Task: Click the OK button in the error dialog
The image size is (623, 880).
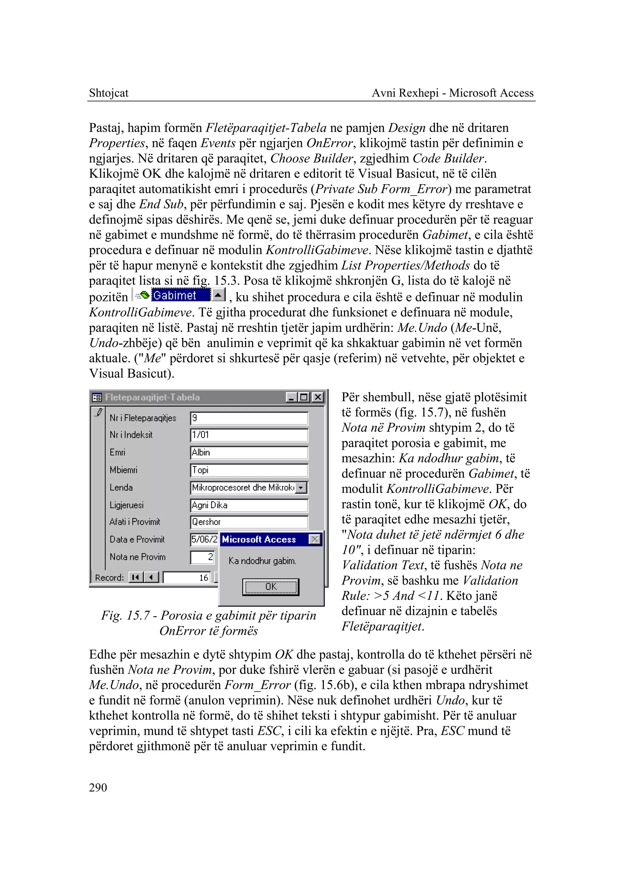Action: pos(270,587)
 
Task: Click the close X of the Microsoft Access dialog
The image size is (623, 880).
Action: pos(315,539)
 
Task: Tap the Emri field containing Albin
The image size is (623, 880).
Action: pos(249,452)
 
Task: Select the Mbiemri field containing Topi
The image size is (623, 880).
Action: pos(249,470)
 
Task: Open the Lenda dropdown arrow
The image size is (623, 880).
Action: pos(301,488)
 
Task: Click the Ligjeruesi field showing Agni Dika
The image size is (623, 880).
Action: pos(249,505)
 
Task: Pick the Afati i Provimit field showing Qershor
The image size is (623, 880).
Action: pos(249,522)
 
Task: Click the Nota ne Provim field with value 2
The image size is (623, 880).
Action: pos(203,557)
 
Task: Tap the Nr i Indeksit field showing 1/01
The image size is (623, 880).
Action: pos(249,435)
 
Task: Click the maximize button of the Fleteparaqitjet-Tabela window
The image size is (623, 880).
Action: pos(304,397)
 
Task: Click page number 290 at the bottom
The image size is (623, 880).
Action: pos(98,787)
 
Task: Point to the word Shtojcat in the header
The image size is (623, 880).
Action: pos(109,93)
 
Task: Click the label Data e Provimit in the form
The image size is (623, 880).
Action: pos(137,540)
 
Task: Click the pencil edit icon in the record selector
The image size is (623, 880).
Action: pos(99,413)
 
